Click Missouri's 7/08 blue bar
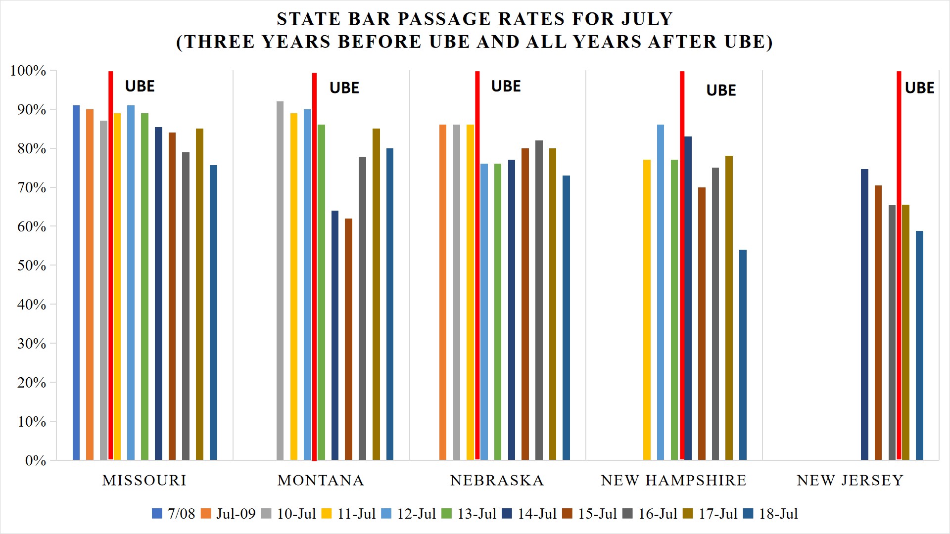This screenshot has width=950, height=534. [76, 282]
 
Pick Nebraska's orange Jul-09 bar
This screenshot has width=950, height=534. [443, 292]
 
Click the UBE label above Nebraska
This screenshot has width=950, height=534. [506, 86]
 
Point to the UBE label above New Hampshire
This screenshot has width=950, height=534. [721, 90]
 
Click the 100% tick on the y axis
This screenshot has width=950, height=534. [28, 71]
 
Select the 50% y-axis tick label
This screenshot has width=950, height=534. [31, 266]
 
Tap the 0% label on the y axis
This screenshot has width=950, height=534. [35, 461]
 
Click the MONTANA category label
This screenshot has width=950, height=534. [321, 480]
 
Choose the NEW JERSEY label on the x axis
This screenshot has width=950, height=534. [850, 480]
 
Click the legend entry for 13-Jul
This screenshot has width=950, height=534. [469, 514]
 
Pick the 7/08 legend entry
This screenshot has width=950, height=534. [174, 514]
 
